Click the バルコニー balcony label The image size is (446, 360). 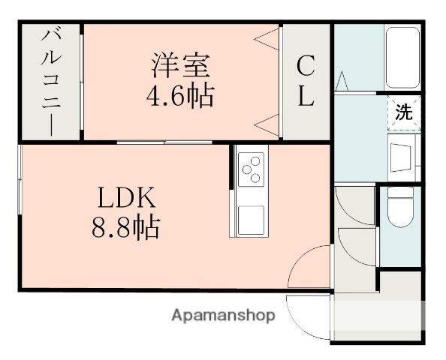pyautogui.click(x=51, y=81)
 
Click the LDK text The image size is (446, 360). pyautogui.click(x=125, y=197)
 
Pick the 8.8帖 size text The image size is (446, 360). pyautogui.click(x=125, y=227)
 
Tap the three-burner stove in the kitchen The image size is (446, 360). pyautogui.click(x=250, y=168)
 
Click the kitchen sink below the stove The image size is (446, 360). pyautogui.click(x=250, y=218)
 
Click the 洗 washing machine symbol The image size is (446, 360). pyautogui.click(x=404, y=113)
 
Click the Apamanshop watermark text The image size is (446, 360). pyautogui.click(x=223, y=315)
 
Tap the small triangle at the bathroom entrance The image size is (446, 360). pyautogui.click(x=341, y=79)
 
